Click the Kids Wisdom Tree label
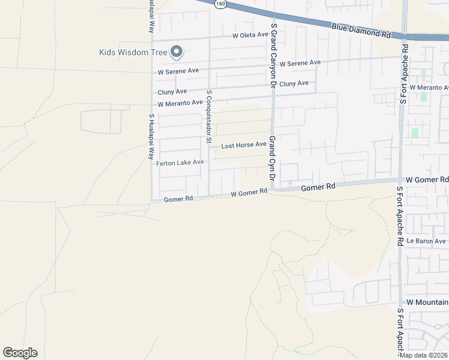pos(133,52)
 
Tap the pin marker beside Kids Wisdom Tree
pos(176,53)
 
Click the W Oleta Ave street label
pos(251,35)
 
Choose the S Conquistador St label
pos(209,117)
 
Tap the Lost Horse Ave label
pos(244,145)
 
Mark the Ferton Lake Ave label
pos(180,163)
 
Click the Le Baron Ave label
pos(426,241)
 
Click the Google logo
pos(20,353)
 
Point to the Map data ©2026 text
pos(424,355)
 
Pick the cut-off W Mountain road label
pos(427,302)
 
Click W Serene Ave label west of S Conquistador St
pos(178,71)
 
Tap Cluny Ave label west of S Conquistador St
pos(172,92)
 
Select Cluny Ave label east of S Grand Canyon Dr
pos(294,83)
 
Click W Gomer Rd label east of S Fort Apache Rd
pos(427,179)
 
